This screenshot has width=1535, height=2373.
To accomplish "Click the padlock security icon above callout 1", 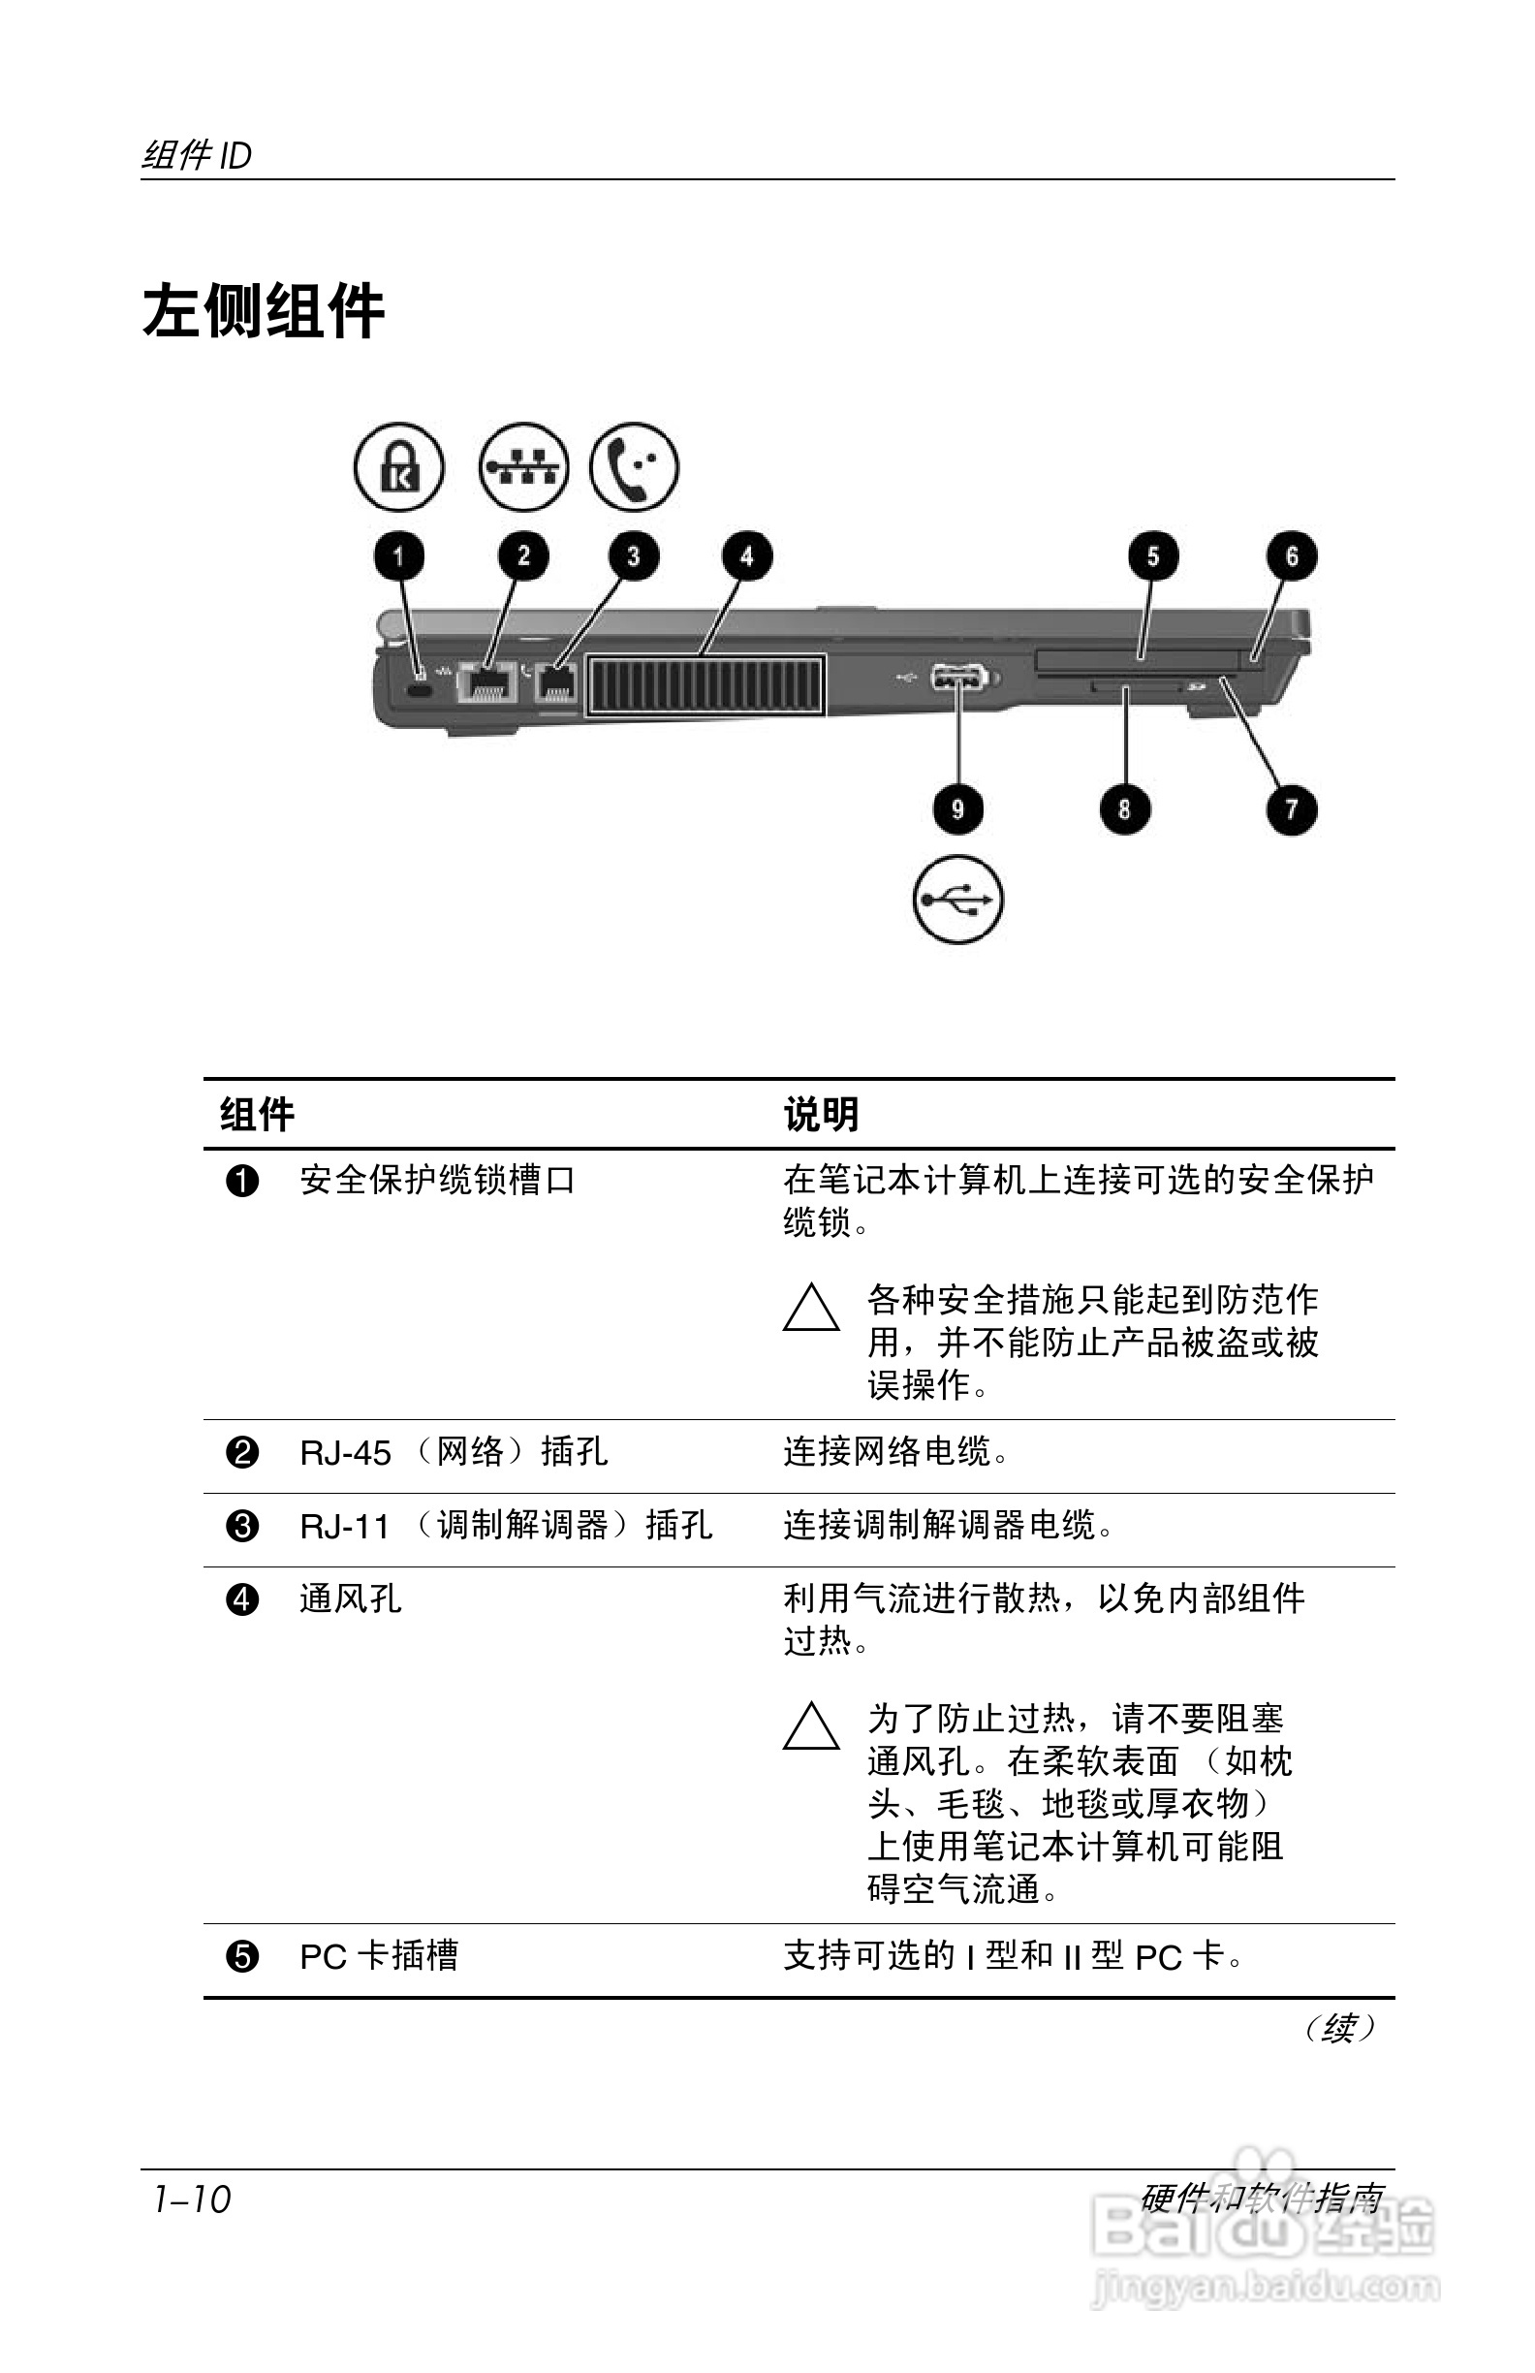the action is (x=398, y=466).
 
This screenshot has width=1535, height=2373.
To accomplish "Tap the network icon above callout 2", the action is (x=523, y=466).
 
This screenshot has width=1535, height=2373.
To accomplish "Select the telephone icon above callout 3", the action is (x=634, y=466).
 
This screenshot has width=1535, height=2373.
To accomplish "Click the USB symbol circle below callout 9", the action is (x=956, y=900).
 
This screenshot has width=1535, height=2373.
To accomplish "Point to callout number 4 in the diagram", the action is (x=746, y=556).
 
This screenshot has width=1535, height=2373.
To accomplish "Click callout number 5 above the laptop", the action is (x=1152, y=556).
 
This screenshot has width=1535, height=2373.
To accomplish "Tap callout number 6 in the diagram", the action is (x=1291, y=556).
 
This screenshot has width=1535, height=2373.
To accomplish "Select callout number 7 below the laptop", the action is (x=1291, y=808).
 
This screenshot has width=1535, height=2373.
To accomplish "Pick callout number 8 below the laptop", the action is (x=1124, y=808).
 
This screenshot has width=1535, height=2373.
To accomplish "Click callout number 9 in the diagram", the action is (x=956, y=808).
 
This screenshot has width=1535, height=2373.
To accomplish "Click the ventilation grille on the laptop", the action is (x=705, y=686).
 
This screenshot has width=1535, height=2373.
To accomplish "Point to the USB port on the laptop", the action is (x=956, y=679).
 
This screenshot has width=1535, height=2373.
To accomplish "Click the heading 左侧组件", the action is (x=264, y=311).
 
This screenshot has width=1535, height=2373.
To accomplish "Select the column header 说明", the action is (x=821, y=1115).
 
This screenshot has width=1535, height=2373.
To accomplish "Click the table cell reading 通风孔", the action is (x=351, y=1599).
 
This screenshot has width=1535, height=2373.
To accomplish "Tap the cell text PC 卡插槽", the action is (x=379, y=1956).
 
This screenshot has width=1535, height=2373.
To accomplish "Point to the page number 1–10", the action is (x=191, y=2199).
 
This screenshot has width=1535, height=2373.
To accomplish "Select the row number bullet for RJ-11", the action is (x=242, y=1527).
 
